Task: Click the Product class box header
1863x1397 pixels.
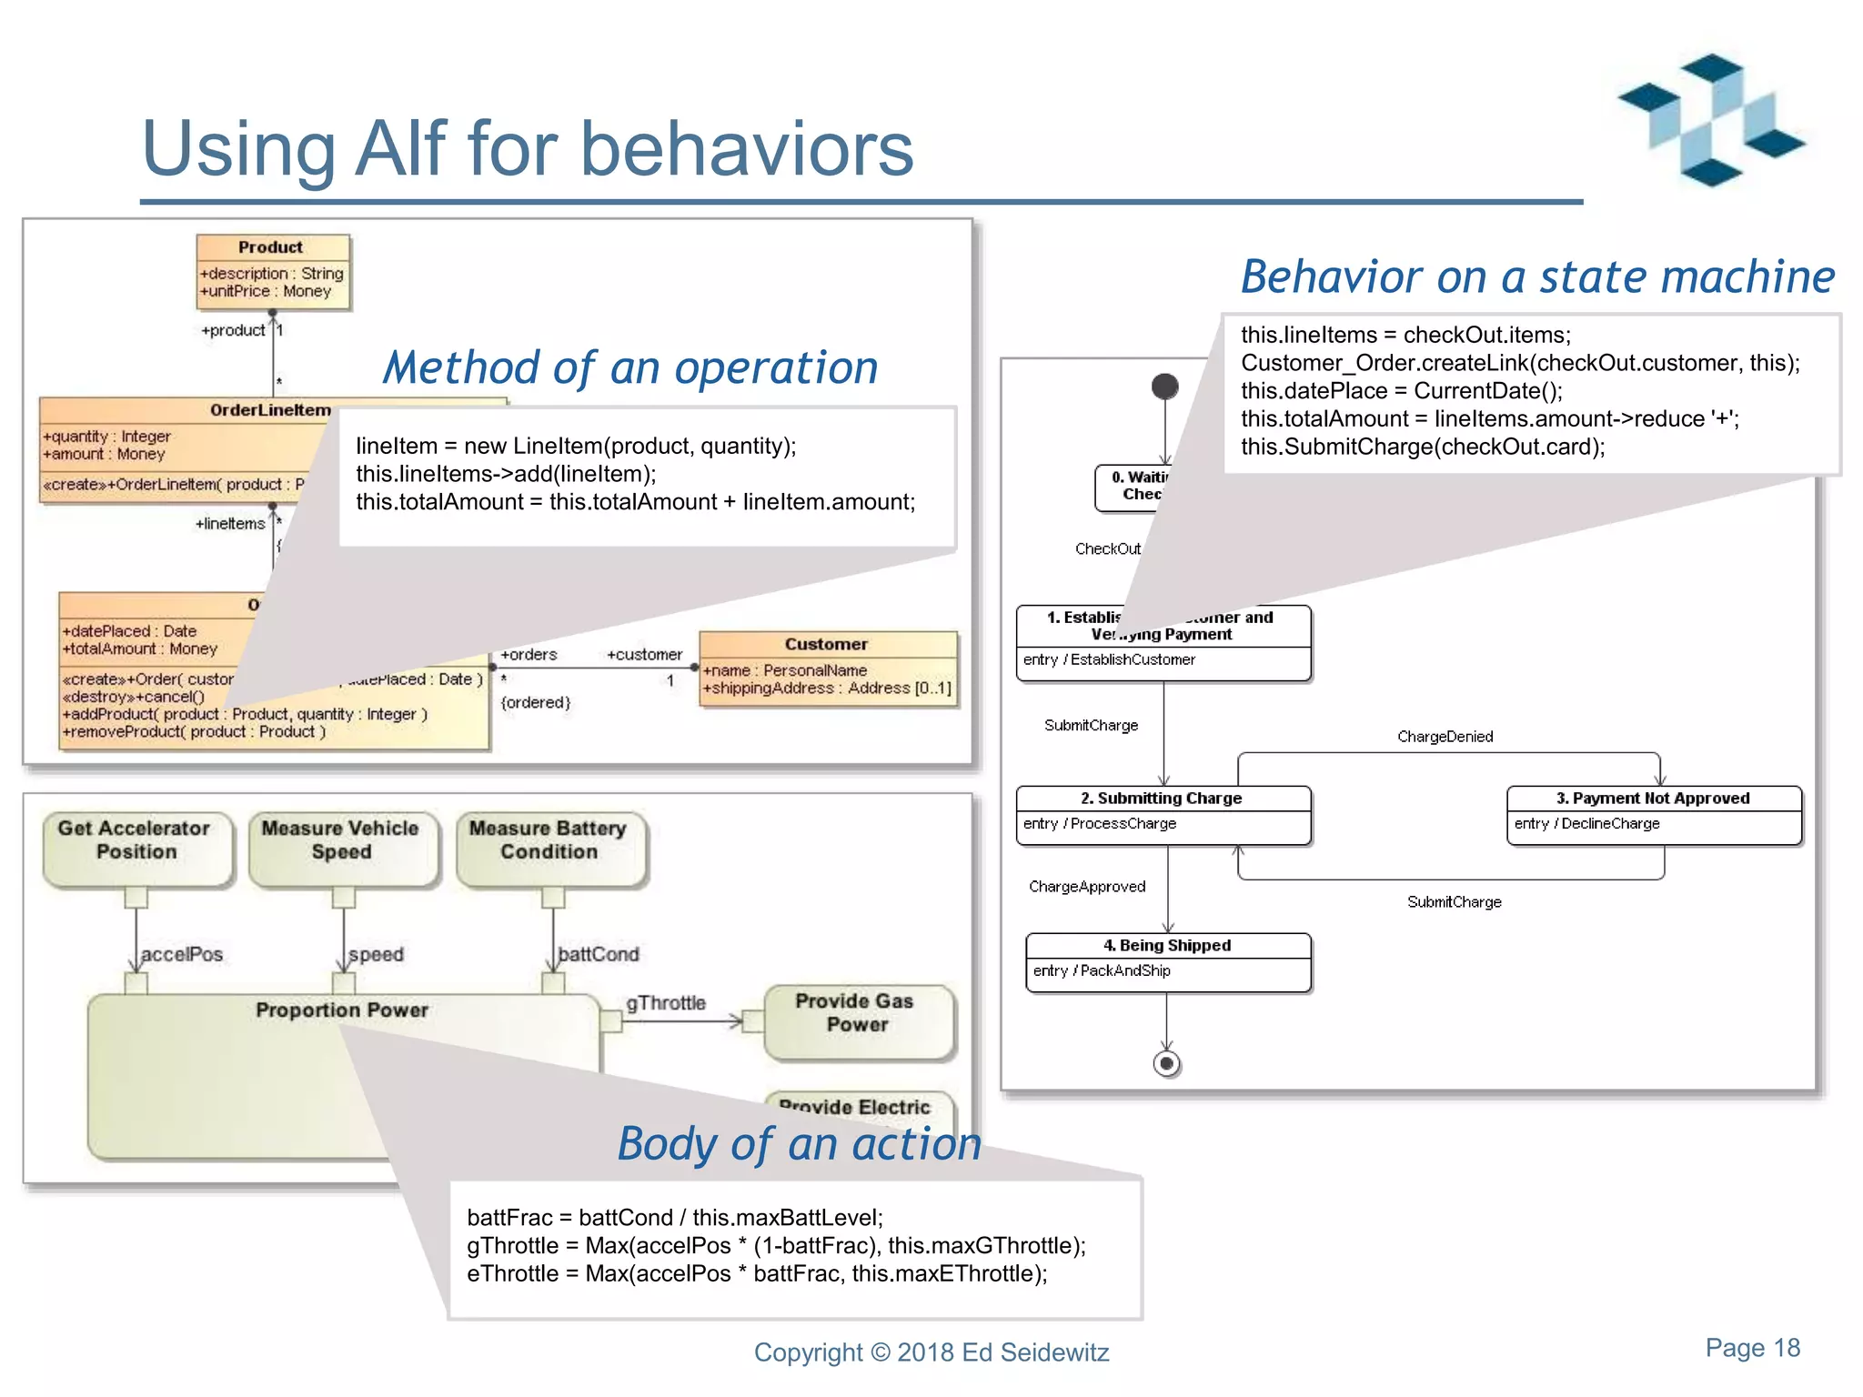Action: pyautogui.click(x=271, y=247)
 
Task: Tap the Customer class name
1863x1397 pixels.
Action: pyautogui.click(x=826, y=644)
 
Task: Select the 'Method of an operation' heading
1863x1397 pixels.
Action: pyautogui.click(x=630, y=368)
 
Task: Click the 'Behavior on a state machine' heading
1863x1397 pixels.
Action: pyautogui.click(x=1537, y=277)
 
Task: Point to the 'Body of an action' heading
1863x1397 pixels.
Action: pyautogui.click(x=800, y=1144)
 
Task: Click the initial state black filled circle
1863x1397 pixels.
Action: pyautogui.click(x=1164, y=387)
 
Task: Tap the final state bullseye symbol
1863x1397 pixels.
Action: pyautogui.click(x=1166, y=1063)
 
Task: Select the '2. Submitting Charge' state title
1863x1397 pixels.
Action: pyautogui.click(x=1162, y=799)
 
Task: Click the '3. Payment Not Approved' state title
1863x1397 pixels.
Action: pyautogui.click(x=1653, y=799)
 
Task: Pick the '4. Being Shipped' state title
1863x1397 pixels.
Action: pyautogui.click(x=1167, y=946)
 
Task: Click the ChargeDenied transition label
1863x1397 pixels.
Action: pyautogui.click(x=1445, y=737)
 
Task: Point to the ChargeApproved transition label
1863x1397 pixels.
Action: pyautogui.click(x=1087, y=887)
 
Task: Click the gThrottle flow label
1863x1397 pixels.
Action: pyautogui.click(x=666, y=1003)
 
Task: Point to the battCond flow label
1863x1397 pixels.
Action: pyautogui.click(x=599, y=954)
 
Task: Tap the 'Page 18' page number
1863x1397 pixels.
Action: pyautogui.click(x=1752, y=1348)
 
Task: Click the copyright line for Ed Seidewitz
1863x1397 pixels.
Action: pyautogui.click(x=931, y=1352)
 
